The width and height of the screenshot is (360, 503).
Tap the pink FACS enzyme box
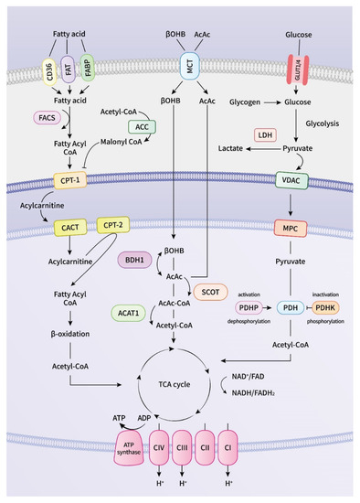click(x=45, y=118)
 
